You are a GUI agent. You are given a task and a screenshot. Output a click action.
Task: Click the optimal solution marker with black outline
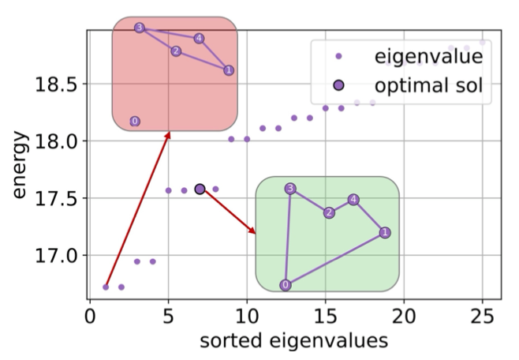pos(200,189)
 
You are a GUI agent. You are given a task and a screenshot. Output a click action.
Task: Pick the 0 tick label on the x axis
pos(89,316)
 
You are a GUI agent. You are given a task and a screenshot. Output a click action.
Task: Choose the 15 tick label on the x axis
pos(325,316)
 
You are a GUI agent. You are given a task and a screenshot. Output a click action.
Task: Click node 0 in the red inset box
pos(135,122)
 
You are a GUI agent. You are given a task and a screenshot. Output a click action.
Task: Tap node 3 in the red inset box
pos(140,28)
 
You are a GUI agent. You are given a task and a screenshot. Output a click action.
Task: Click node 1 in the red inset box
pos(228,70)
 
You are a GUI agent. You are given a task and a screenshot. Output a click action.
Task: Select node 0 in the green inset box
pos(285,285)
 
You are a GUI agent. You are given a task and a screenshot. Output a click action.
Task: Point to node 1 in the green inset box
pos(385,232)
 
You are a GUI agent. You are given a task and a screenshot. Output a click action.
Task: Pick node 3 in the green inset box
pos(290,188)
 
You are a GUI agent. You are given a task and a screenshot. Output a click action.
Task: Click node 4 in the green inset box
pos(353,199)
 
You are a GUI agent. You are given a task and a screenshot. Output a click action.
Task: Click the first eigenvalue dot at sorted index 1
pos(106,287)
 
